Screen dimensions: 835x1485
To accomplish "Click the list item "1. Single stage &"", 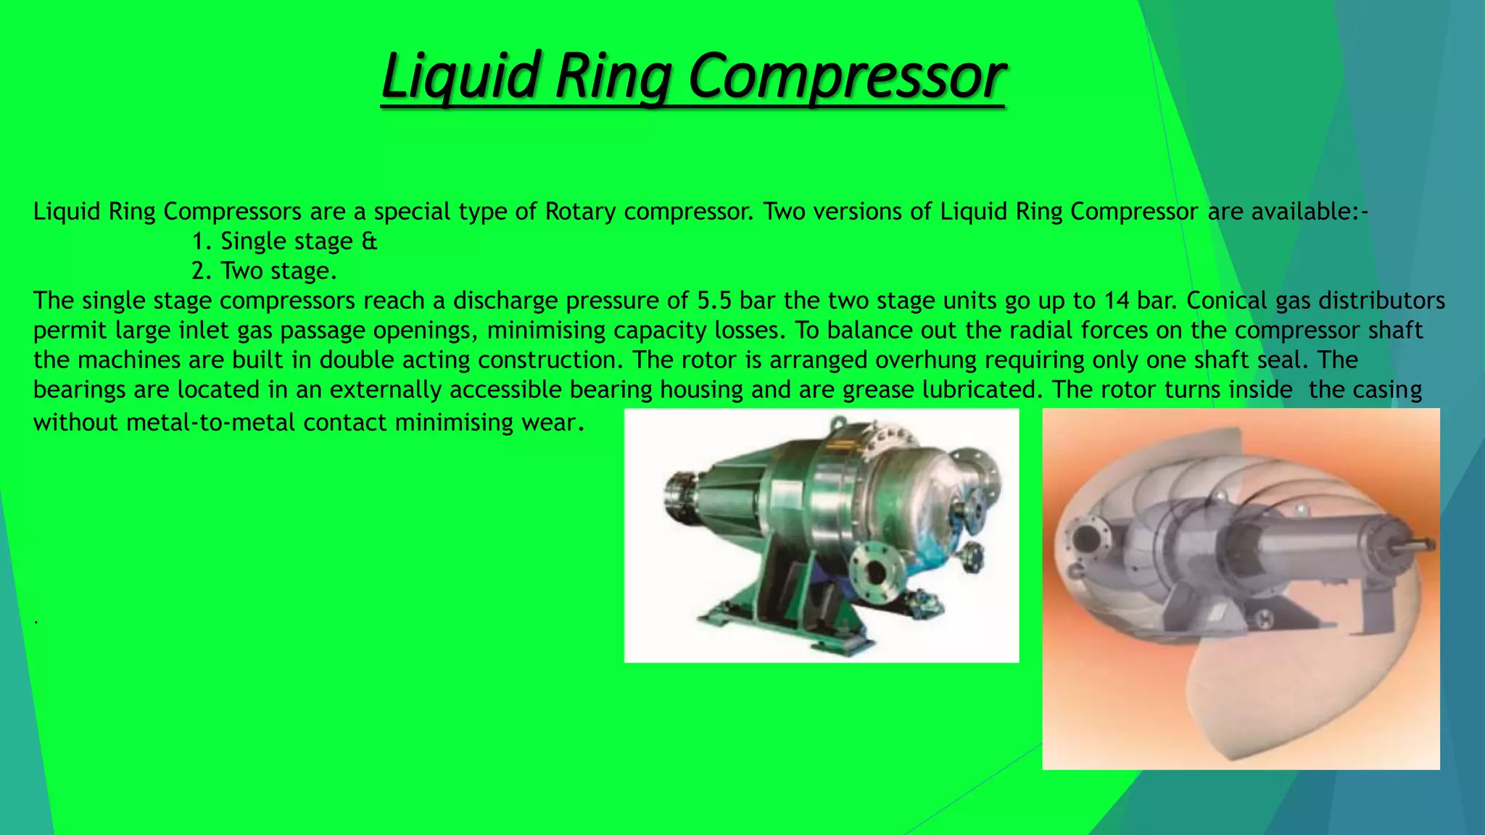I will [284, 241].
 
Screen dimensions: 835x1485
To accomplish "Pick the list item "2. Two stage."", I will [264, 270].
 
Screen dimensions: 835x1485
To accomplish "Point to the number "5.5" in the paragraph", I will [713, 300].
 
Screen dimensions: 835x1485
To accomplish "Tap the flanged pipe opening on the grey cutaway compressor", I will [1087, 537].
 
